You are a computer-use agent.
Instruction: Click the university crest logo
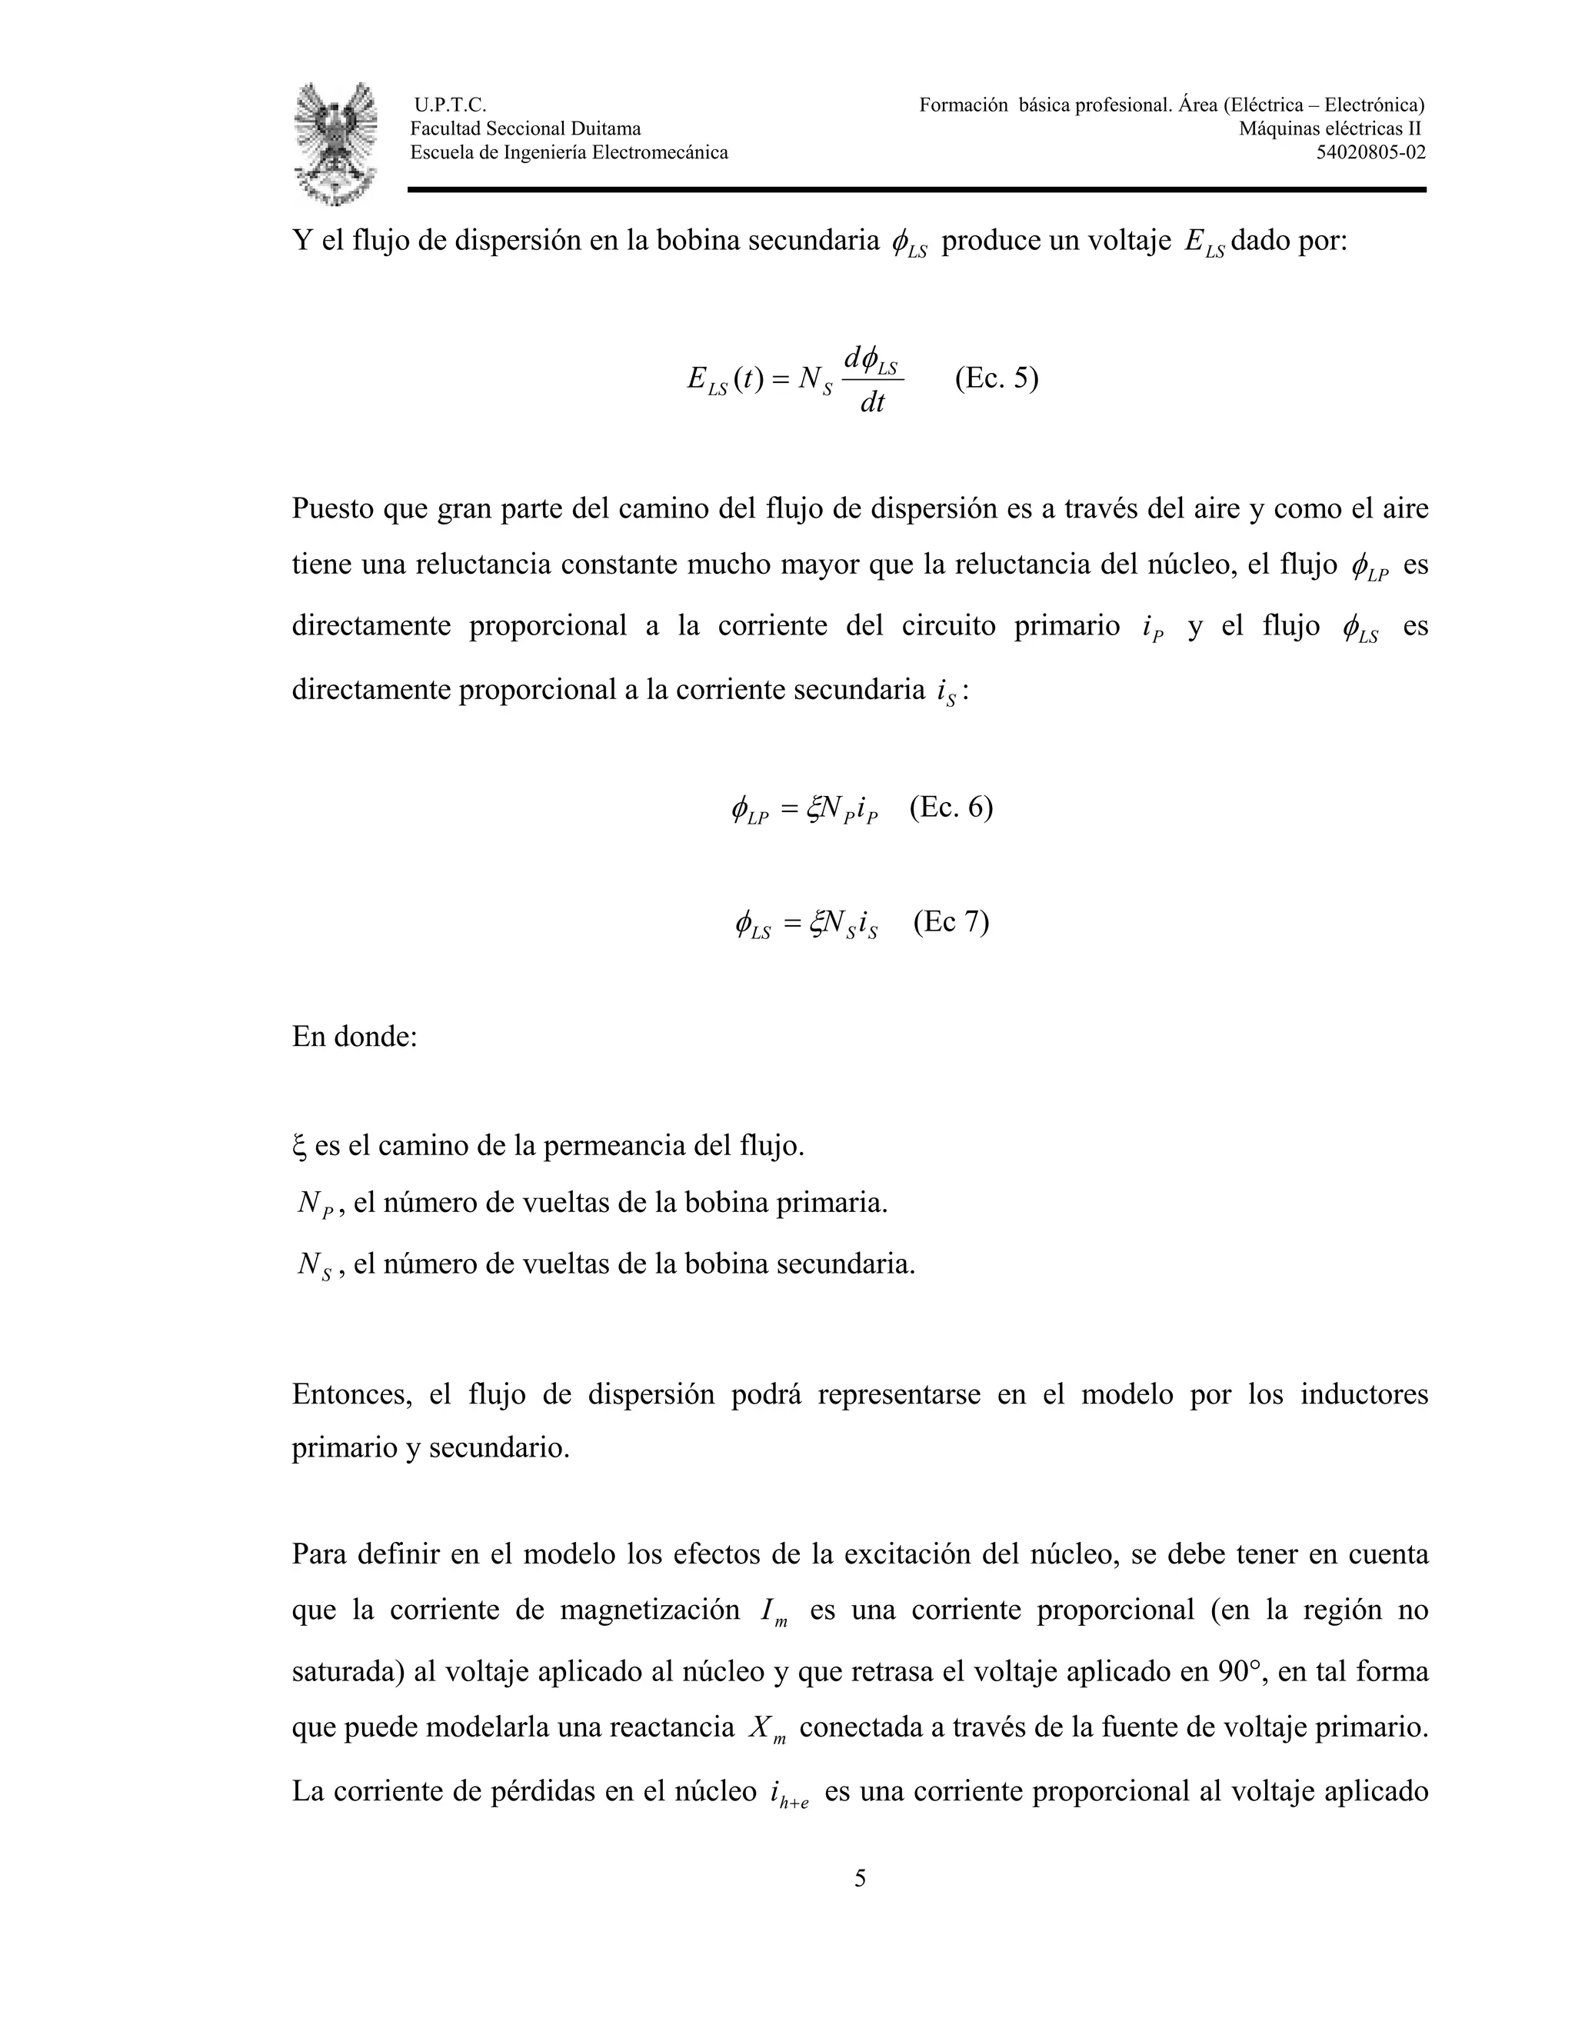pyautogui.click(x=336, y=143)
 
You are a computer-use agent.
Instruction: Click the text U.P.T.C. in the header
pyautogui.click(x=450, y=105)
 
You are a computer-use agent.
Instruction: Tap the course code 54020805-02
pyautogui.click(x=1370, y=152)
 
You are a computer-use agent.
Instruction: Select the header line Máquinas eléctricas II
pyautogui.click(x=1330, y=128)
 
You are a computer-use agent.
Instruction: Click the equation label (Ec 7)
pyautogui.click(x=951, y=921)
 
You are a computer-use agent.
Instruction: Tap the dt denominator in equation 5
pyautogui.click(x=871, y=402)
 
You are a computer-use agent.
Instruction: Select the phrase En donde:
pyautogui.click(x=355, y=1036)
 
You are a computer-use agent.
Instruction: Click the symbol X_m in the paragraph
pyautogui.click(x=767, y=1728)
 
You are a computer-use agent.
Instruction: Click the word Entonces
pyautogui.click(x=351, y=1394)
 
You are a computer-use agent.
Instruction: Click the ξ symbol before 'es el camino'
pyautogui.click(x=298, y=1146)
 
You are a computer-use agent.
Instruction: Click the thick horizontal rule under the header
pyautogui.click(x=916, y=189)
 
